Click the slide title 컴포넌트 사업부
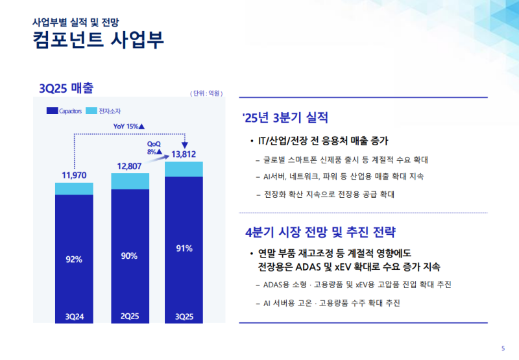click(x=98, y=40)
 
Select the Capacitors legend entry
click(x=64, y=112)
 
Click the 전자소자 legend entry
click(x=103, y=112)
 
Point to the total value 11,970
click(x=74, y=175)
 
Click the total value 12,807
click(x=130, y=166)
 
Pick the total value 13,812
click(x=184, y=154)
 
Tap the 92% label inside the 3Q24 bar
click(x=74, y=259)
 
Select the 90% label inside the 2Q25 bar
click(x=130, y=256)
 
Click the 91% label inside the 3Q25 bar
click(x=184, y=248)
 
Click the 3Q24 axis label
click(x=74, y=317)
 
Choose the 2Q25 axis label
click(x=130, y=317)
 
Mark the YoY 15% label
click(x=128, y=126)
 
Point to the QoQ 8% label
click(x=154, y=147)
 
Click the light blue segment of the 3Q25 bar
click(x=184, y=169)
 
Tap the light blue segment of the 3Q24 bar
click(x=74, y=188)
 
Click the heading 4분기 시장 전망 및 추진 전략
click(x=320, y=232)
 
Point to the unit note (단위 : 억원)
click(x=207, y=93)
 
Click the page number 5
click(x=503, y=347)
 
